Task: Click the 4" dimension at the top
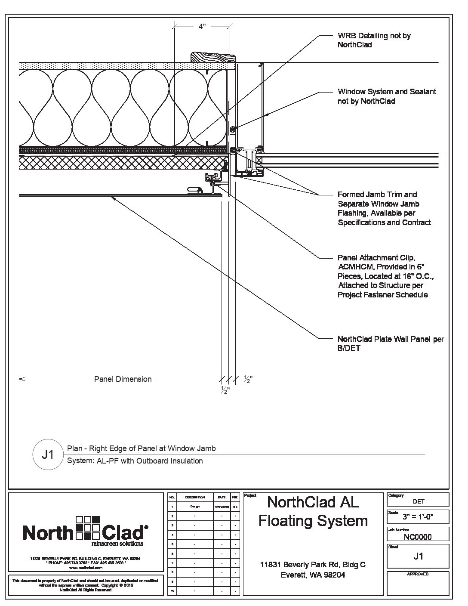click(202, 27)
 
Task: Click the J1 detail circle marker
click(47, 454)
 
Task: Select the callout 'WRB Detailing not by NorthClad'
click(374, 40)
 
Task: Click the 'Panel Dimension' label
click(123, 379)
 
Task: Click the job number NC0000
click(418, 537)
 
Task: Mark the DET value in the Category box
click(418, 501)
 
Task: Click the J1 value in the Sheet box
click(418, 557)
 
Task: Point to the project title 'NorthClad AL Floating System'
click(313, 511)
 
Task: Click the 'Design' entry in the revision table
click(195, 507)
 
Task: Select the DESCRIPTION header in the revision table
click(195, 497)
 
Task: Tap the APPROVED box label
click(418, 574)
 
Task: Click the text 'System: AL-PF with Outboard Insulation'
click(135, 461)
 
